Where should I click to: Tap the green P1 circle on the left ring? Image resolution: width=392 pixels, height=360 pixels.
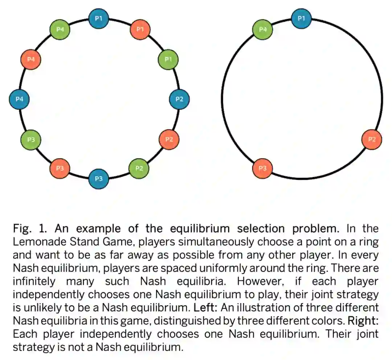point(168,59)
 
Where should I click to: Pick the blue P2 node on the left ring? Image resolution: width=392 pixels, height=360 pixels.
point(179,99)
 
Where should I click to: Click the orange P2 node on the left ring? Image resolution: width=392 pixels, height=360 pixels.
point(169,139)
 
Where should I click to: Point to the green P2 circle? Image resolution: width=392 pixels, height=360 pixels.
point(139,168)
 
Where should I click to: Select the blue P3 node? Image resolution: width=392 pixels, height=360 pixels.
point(99,179)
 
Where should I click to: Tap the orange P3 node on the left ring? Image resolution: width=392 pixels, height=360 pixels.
point(60,168)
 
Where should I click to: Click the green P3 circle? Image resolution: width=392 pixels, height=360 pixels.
point(30,139)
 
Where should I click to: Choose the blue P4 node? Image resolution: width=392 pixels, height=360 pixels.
point(19,99)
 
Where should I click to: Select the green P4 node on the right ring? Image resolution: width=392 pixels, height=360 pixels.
point(262,29)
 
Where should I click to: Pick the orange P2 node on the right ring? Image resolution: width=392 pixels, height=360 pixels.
point(372,139)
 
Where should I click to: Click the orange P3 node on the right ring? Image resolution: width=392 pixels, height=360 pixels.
point(262,168)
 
